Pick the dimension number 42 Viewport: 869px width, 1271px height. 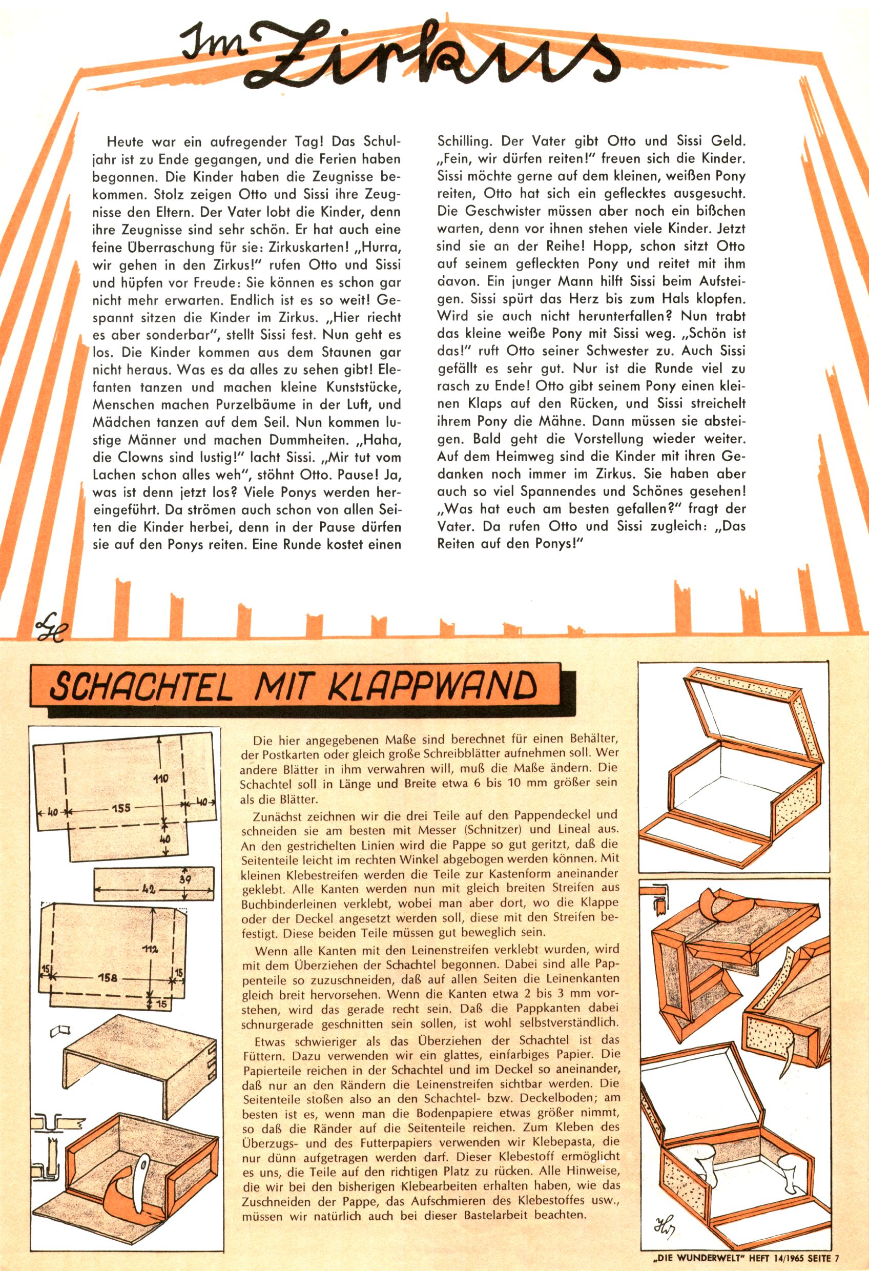148,889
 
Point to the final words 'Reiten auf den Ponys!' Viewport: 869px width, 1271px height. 508,544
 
